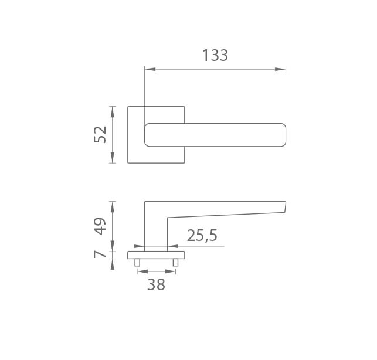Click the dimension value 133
tap(215, 55)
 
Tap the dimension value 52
tap(100, 134)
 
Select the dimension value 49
tap(100, 226)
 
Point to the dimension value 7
tap(100, 254)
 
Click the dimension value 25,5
tap(202, 236)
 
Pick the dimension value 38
tap(157, 284)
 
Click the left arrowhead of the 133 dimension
tap(150, 69)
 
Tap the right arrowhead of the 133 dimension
tap(280, 69)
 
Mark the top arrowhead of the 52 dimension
tap(113, 112)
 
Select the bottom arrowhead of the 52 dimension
tap(113, 158)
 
